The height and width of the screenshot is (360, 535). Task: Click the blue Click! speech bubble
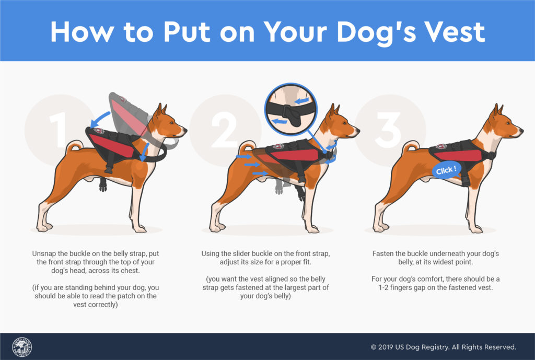pos(446,170)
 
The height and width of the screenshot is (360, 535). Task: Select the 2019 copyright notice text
pos(443,347)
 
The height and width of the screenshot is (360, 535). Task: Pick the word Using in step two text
pos(211,253)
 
